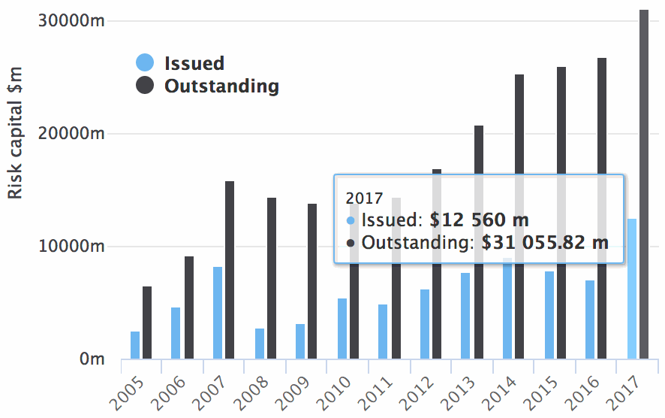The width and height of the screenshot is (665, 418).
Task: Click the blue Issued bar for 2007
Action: point(218,313)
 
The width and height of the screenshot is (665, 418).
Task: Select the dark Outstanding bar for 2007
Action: point(230,270)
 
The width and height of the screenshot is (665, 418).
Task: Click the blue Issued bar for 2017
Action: point(631,289)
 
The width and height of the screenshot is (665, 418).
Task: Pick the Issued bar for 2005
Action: point(135,345)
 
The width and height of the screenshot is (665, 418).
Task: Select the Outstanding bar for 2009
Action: point(312,281)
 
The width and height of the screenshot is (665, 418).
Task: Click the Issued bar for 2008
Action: point(260,344)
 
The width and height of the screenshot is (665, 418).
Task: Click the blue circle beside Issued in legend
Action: point(145,64)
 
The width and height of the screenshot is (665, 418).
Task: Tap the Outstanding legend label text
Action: point(221,86)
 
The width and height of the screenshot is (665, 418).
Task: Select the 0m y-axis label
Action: point(92,359)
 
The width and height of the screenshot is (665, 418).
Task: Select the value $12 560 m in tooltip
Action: point(479,221)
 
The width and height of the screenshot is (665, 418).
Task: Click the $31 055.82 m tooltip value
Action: point(544,243)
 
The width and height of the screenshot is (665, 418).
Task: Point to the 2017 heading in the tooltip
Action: point(363,198)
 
